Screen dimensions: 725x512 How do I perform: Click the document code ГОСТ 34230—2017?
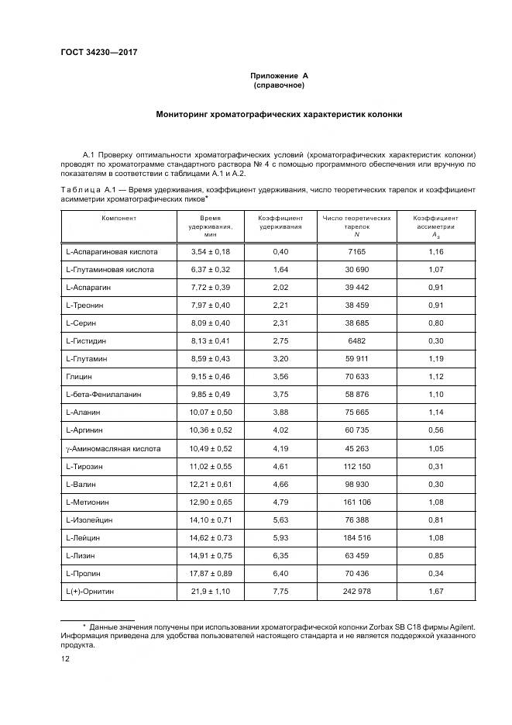(93, 53)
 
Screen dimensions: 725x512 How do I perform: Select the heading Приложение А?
(279, 75)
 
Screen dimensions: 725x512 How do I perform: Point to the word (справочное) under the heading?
(279, 85)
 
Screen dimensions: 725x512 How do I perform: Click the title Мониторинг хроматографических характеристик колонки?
(279, 114)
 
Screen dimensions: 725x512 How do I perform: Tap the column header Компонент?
(119, 219)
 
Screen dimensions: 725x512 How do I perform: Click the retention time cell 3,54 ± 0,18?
(210, 252)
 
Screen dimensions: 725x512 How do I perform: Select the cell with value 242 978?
(356, 591)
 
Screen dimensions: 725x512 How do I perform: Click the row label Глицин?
(79, 377)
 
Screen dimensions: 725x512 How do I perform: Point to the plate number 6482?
(356, 341)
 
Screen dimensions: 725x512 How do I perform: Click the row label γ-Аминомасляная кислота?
(113, 448)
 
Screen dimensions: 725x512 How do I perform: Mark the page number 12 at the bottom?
(65, 658)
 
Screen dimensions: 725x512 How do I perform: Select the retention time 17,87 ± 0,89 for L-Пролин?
(210, 573)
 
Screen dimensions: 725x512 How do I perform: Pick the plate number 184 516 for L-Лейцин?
(356, 537)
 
